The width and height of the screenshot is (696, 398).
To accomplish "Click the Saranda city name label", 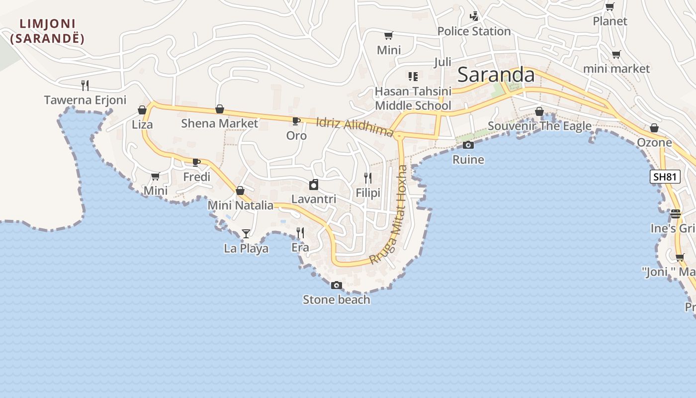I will (496, 75).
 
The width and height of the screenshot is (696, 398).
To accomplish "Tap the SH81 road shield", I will (665, 177).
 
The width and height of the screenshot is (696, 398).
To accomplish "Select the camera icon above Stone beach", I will (337, 285).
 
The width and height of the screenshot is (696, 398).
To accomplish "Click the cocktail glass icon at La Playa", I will (246, 233).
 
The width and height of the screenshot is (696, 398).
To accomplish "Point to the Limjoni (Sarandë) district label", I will (47, 31).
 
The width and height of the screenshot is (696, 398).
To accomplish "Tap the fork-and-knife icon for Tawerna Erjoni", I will (85, 86).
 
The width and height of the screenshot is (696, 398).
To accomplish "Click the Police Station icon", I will (474, 16).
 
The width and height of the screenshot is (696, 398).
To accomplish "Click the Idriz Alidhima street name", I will (355, 127).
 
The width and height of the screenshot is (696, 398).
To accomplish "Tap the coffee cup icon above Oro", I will (296, 121).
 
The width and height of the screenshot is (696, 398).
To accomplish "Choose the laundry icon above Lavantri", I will (314, 185).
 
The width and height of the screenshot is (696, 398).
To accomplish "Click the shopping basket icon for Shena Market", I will (219, 109).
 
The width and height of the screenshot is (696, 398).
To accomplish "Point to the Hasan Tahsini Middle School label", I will (413, 99).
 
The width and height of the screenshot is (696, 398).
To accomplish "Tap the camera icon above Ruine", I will (468, 145).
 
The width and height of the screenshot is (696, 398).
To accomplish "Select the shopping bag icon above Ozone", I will (654, 128).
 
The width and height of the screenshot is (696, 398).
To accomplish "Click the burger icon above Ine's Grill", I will (675, 214).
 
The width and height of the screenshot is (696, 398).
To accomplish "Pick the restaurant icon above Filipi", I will (368, 178).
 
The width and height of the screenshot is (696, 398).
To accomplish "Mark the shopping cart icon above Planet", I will (609, 7).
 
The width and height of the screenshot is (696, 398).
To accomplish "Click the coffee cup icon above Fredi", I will (196, 162).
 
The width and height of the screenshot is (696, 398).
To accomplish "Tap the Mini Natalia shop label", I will (241, 205).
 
